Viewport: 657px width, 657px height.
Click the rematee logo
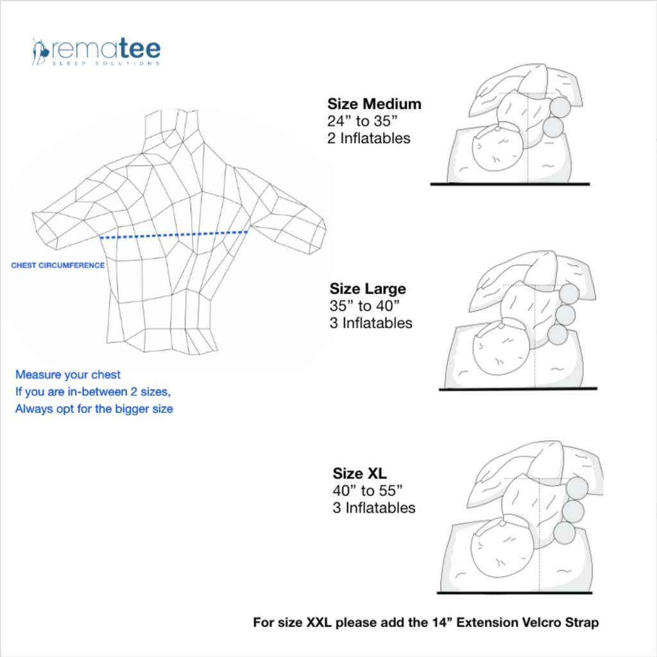pos(96,51)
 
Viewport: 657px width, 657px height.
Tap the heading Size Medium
pos(374,104)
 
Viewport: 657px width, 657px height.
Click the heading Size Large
pos(368,289)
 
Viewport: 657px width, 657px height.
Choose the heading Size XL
pos(359,474)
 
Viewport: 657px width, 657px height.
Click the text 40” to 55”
pos(367,491)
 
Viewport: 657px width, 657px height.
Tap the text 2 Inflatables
pos(368,138)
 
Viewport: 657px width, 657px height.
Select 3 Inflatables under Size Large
pos(371,323)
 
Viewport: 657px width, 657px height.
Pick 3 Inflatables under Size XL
pos(373,508)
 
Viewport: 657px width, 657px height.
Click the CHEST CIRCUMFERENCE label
pos(58,265)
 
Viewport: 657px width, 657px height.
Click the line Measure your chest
pos(68,375)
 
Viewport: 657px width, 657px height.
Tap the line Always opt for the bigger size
pos(94,409)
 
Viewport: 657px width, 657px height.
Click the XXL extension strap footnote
pos(426,622)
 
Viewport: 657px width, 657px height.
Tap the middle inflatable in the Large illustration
pos(565,314)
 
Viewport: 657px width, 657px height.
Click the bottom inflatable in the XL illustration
pos(565,533)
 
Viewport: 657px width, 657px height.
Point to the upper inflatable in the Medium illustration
pos(559,107)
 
